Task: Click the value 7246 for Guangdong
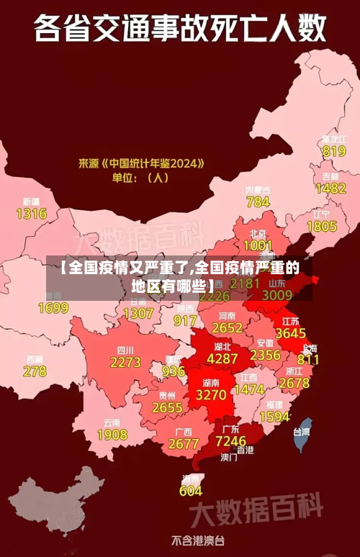pyautogui.click(x=231, y=440)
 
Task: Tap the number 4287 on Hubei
pyautogui.click(x=222, y=358)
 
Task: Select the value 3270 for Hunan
pyautogui.click(x=211, y=395)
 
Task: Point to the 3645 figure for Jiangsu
pyautogui.click(x=291, y=333)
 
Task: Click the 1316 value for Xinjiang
pyautogui.click(x=31, y=214)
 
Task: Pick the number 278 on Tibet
pyautogui.click(x=35, y=371)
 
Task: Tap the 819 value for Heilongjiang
pyautogui.click(x=334, y=151)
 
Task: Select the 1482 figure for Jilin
pyautogui.click(x=331, y=189)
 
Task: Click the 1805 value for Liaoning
pyautogui.click(x=322, y=227)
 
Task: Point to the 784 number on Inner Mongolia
pyautogui.click(x=258, y=202)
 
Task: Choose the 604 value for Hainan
pyautogui.click(x=191, y=491)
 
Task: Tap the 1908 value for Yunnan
pyautogui.click(x=112, y=435)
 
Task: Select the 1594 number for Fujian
pyautogui.click(x=274, y=417)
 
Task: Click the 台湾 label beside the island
pyautogui.click(x=301, y=433)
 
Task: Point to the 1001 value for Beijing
pyautogui.click(x=258, y=245)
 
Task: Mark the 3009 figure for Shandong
pyautogui.click(x=277, y=294)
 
